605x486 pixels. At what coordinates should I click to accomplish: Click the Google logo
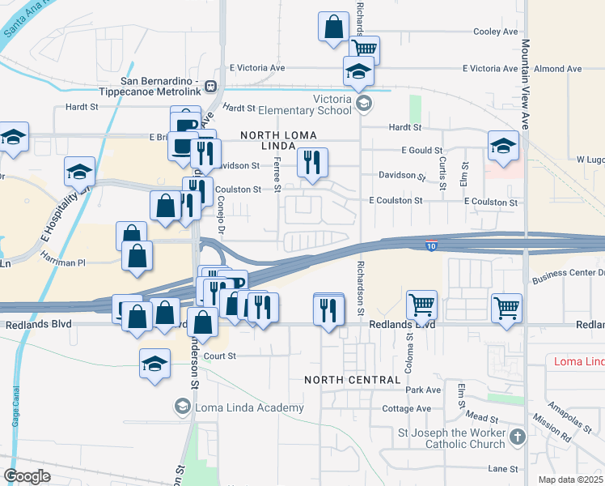(27, 476)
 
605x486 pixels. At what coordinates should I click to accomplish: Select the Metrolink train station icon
(210, 86)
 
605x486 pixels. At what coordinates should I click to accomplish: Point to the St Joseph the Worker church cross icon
(518, 437)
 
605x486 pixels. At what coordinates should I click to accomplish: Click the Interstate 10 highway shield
(434, 244)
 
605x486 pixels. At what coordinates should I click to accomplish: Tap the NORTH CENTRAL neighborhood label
(353, 380)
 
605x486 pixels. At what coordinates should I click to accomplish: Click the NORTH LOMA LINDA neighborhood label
(277, 139)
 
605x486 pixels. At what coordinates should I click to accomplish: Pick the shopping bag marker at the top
(333, 27)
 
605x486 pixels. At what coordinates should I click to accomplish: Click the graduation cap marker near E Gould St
(503, 147)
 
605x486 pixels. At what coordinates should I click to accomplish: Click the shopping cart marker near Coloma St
(421, 306)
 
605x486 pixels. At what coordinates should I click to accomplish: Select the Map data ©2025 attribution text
(569, 480)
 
